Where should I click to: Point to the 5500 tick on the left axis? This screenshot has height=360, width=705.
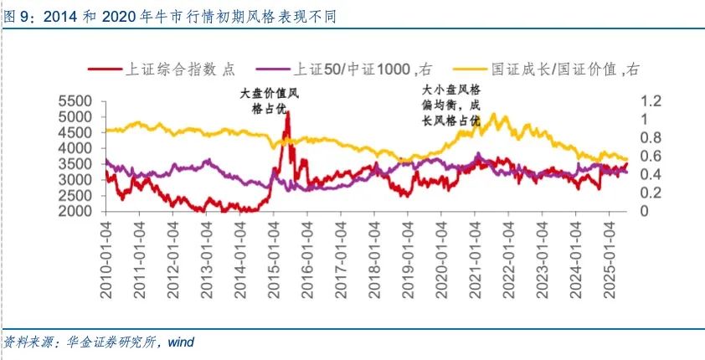[x=79, y=100]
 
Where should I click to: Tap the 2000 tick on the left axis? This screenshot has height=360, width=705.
[x=79, y=212]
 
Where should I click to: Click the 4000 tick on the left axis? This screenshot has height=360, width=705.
[x=79, y=148]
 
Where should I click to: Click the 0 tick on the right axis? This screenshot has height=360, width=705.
[x=646, y=212]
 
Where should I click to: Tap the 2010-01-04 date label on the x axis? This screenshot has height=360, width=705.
[x=106, y=256]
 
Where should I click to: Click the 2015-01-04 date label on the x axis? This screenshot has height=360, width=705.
[x=274, y=256]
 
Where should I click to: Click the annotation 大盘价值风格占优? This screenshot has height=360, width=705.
[x=269, y=101]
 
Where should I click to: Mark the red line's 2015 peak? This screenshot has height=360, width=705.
[x=287, y=113]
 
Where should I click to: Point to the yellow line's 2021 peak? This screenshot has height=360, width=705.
[x=494, y=115]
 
